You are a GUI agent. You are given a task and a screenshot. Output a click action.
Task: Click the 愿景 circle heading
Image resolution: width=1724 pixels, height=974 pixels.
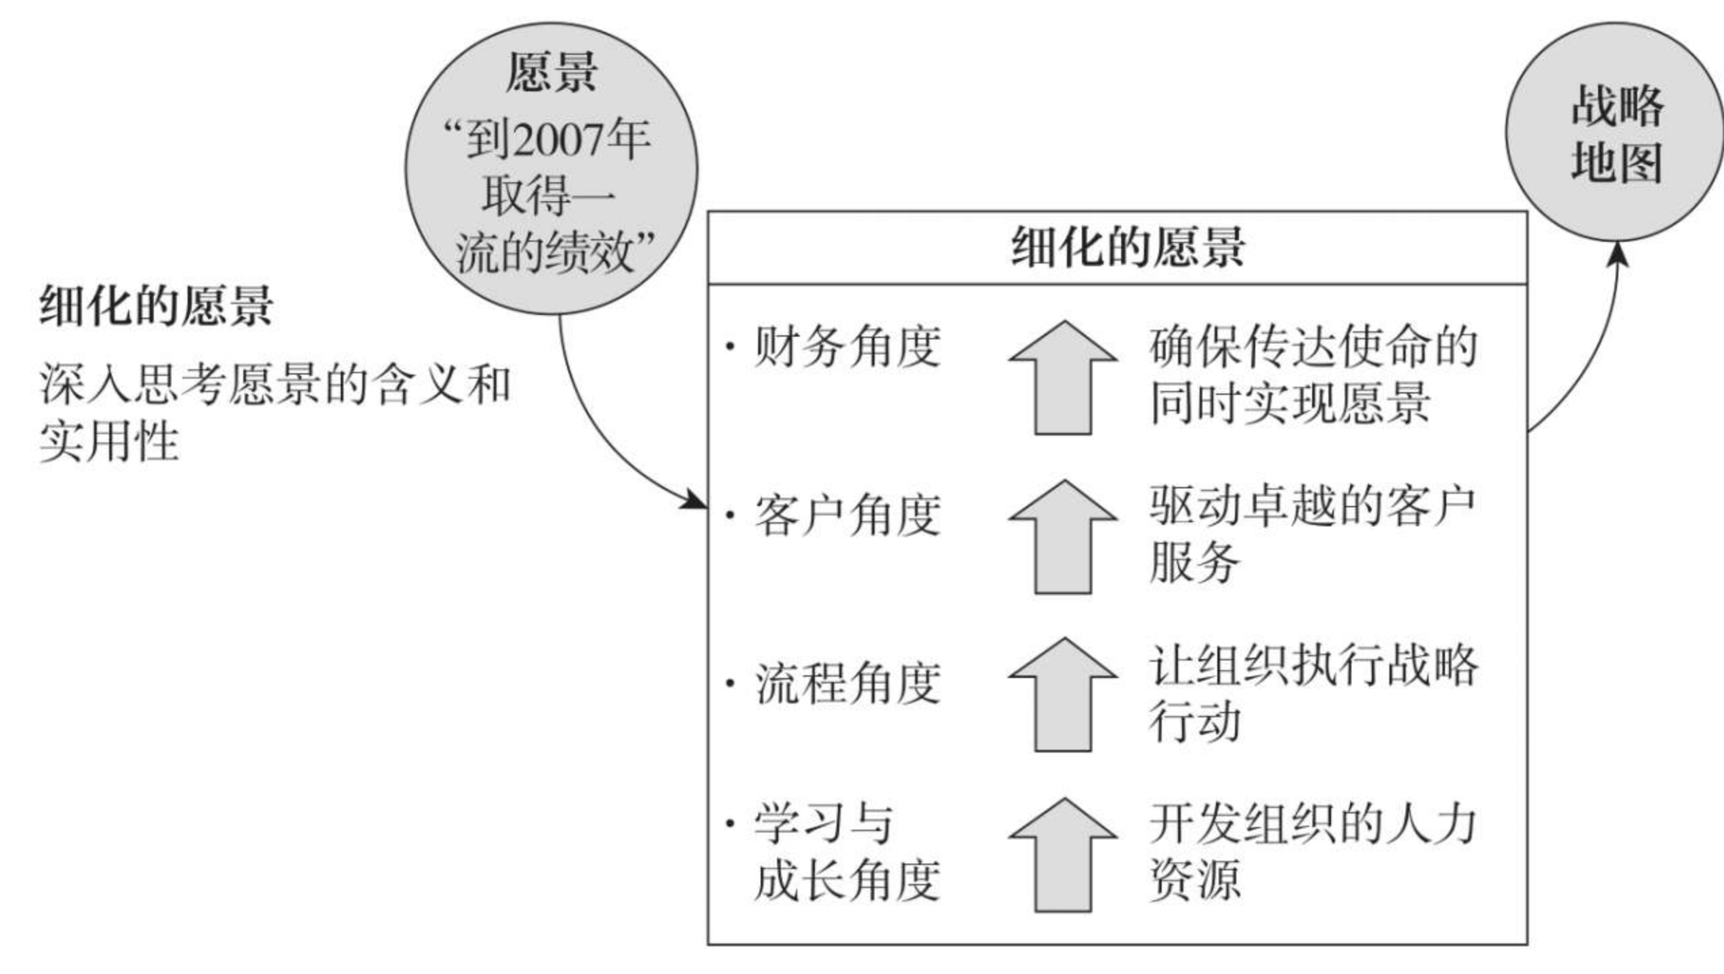551,72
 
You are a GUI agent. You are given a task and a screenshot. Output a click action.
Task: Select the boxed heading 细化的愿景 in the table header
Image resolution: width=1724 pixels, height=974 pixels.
1128,247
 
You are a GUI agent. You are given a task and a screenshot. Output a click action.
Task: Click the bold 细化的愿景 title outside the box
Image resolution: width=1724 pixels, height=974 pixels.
156,306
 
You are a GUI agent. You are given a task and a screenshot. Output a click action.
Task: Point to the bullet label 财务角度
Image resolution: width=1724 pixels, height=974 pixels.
847,346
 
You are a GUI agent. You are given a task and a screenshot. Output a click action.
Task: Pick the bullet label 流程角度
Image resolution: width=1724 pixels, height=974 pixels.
847,683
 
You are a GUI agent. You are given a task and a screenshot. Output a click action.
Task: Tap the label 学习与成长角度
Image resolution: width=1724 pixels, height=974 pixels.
847,852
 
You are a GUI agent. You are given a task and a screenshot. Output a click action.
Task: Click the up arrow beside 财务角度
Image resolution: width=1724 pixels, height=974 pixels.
1063,377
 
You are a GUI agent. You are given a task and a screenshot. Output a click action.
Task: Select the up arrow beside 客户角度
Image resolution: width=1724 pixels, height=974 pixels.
1063,536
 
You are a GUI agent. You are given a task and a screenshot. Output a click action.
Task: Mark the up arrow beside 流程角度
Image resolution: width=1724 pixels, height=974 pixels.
1063,694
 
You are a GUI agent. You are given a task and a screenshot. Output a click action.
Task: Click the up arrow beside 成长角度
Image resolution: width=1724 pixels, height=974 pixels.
1063,854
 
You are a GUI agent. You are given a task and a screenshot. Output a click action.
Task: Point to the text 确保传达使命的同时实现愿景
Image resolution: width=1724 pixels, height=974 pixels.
1313,375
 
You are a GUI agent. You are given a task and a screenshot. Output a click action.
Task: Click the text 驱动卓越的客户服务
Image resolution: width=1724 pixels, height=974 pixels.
1312,534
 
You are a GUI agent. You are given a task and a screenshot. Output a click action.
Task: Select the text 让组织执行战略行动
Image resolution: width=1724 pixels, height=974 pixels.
1313,693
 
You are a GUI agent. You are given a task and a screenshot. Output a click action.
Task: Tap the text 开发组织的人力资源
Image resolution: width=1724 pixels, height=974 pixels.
1312,852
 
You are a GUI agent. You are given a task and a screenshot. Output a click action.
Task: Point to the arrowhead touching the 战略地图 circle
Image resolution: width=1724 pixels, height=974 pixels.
1618,254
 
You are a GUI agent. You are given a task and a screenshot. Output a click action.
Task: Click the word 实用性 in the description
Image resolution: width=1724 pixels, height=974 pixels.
109,442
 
